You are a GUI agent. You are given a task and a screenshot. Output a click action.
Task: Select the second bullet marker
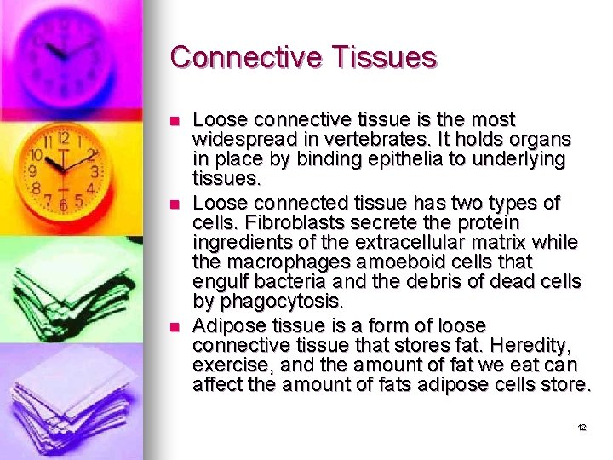(x=175, y=204)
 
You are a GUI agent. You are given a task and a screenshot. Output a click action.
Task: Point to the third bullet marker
(x=175, y=327)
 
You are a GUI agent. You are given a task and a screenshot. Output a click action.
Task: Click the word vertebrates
(x=381, y=138)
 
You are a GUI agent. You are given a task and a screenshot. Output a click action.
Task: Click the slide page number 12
(x=581, y=427)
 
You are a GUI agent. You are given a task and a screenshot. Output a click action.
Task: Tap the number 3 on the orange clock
(x=94, y=171)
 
